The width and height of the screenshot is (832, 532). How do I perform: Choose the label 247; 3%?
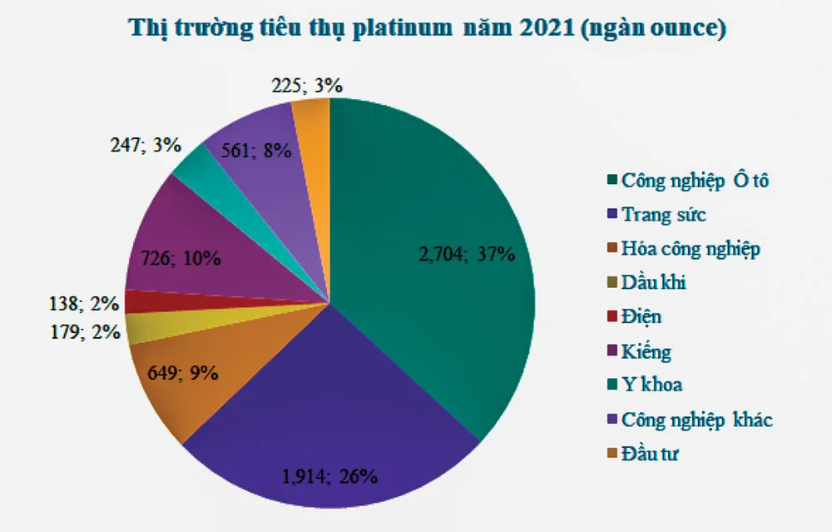tap(146, 144)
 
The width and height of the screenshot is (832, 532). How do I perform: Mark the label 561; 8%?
tap(255, 150)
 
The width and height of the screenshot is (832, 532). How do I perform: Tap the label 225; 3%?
tap(307, 85)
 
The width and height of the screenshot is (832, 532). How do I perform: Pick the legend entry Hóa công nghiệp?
tap(690, 248)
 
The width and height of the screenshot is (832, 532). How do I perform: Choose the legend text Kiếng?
tap(646, 351)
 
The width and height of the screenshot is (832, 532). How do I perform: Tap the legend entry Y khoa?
tap(651, 385)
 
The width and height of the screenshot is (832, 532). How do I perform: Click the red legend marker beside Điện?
tap(613, 317)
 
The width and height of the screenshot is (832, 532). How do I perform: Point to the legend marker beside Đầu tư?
tap(613, 455)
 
